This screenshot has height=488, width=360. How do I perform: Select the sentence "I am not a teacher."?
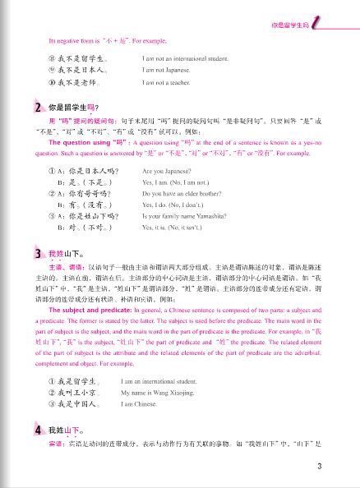click(170, 83)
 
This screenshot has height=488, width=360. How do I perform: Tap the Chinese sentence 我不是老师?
click(76, 83)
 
